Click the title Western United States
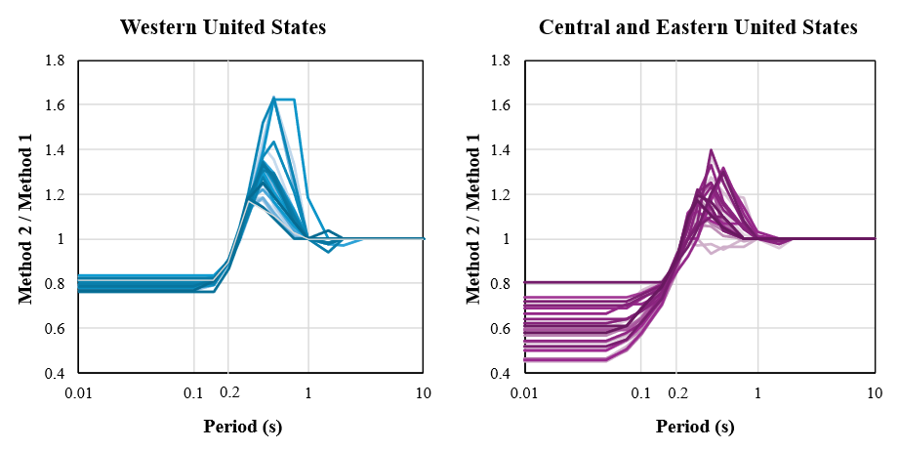(223, 27)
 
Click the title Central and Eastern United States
(698, 27)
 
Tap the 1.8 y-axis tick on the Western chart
(55, 61)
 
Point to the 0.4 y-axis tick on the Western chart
(55, 374)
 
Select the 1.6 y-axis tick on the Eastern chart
(504, 105)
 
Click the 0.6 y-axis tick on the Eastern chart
(504, 329)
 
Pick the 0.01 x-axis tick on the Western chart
(78, 392)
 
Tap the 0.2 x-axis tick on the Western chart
(228, 392)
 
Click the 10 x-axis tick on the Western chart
(424, 392)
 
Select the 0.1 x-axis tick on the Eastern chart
(641, 392)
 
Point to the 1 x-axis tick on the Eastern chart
(757, 392)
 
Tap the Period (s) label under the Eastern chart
(695, 427)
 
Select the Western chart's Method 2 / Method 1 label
(26, 217)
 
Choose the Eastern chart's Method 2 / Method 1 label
(474, 217)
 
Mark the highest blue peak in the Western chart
(274, 97)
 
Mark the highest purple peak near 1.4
(711, 150)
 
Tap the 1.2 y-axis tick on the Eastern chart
(504, 195)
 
